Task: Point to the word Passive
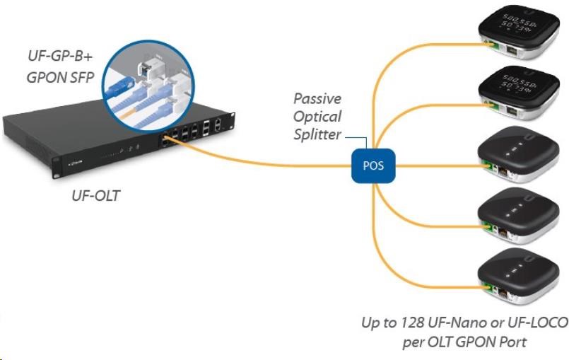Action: click(x=317, y=98)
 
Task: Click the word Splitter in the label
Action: click(x=317, y=134)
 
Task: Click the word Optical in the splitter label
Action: click(x=317, y=116)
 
